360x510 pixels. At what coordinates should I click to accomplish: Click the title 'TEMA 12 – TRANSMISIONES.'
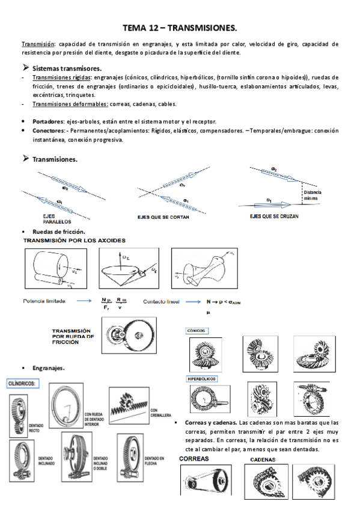click(180, 28)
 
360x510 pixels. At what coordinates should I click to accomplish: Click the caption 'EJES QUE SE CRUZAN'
click(274, 215)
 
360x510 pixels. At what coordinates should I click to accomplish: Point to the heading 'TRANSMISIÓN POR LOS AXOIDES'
click(74, 240)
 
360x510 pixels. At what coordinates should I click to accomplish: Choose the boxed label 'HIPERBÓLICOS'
click(202, 379)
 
